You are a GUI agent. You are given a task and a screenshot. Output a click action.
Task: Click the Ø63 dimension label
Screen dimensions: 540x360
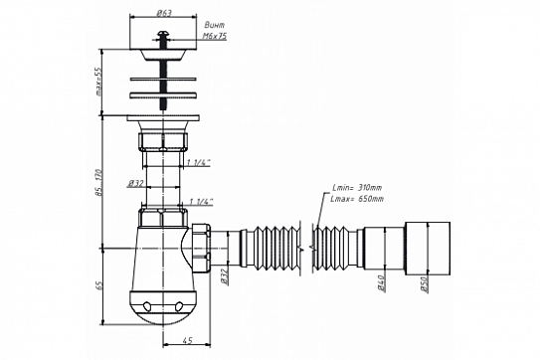(x=164, y=13)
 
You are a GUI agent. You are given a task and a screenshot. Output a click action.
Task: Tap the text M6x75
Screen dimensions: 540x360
(x=214, y=36)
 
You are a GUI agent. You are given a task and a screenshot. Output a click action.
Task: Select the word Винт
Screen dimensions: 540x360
(x=214, y=25)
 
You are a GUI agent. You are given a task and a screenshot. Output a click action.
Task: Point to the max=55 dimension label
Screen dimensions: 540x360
(x=98, y=82)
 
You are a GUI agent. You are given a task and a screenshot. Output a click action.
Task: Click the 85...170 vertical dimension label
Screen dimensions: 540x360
(x=98, y=183)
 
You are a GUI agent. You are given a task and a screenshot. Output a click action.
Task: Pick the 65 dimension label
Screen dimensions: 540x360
(x=99, y=285)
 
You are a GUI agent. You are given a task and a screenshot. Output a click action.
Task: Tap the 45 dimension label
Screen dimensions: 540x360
(x=187, y=341)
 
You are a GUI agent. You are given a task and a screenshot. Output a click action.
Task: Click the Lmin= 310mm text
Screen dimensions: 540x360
(x=357, y=188)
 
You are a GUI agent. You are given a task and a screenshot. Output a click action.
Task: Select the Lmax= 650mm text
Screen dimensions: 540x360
(x=357, y=199)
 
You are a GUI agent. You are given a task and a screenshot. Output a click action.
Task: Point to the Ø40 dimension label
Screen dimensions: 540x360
(x=381, y=283)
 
